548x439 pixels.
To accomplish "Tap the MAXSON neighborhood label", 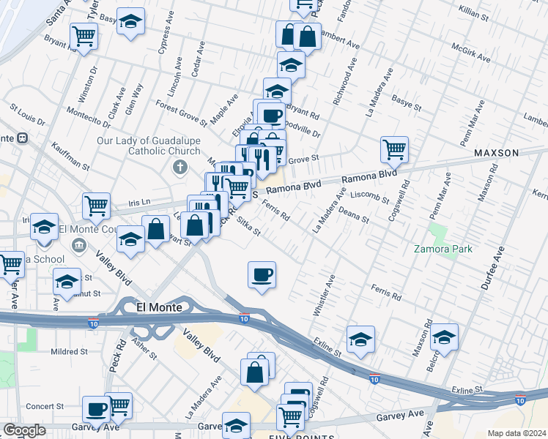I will tap(495, 153).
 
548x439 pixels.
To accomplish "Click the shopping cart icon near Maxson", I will tap(394, 149).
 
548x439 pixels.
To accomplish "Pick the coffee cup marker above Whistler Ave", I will tap(262, 275).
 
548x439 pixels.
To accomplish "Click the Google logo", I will tap(24, 430).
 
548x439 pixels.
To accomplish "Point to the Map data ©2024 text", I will tap(516, 433).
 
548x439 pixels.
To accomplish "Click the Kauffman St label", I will tap(70, 156).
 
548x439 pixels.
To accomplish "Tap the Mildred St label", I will tap(69, 351).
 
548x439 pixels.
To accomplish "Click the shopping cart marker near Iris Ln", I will tap(96, 206).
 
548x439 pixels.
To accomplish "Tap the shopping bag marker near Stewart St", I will tap(155, 229).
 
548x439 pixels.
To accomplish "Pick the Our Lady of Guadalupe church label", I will tap(148, 146).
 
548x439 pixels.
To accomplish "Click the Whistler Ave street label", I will tap(324, 295).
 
